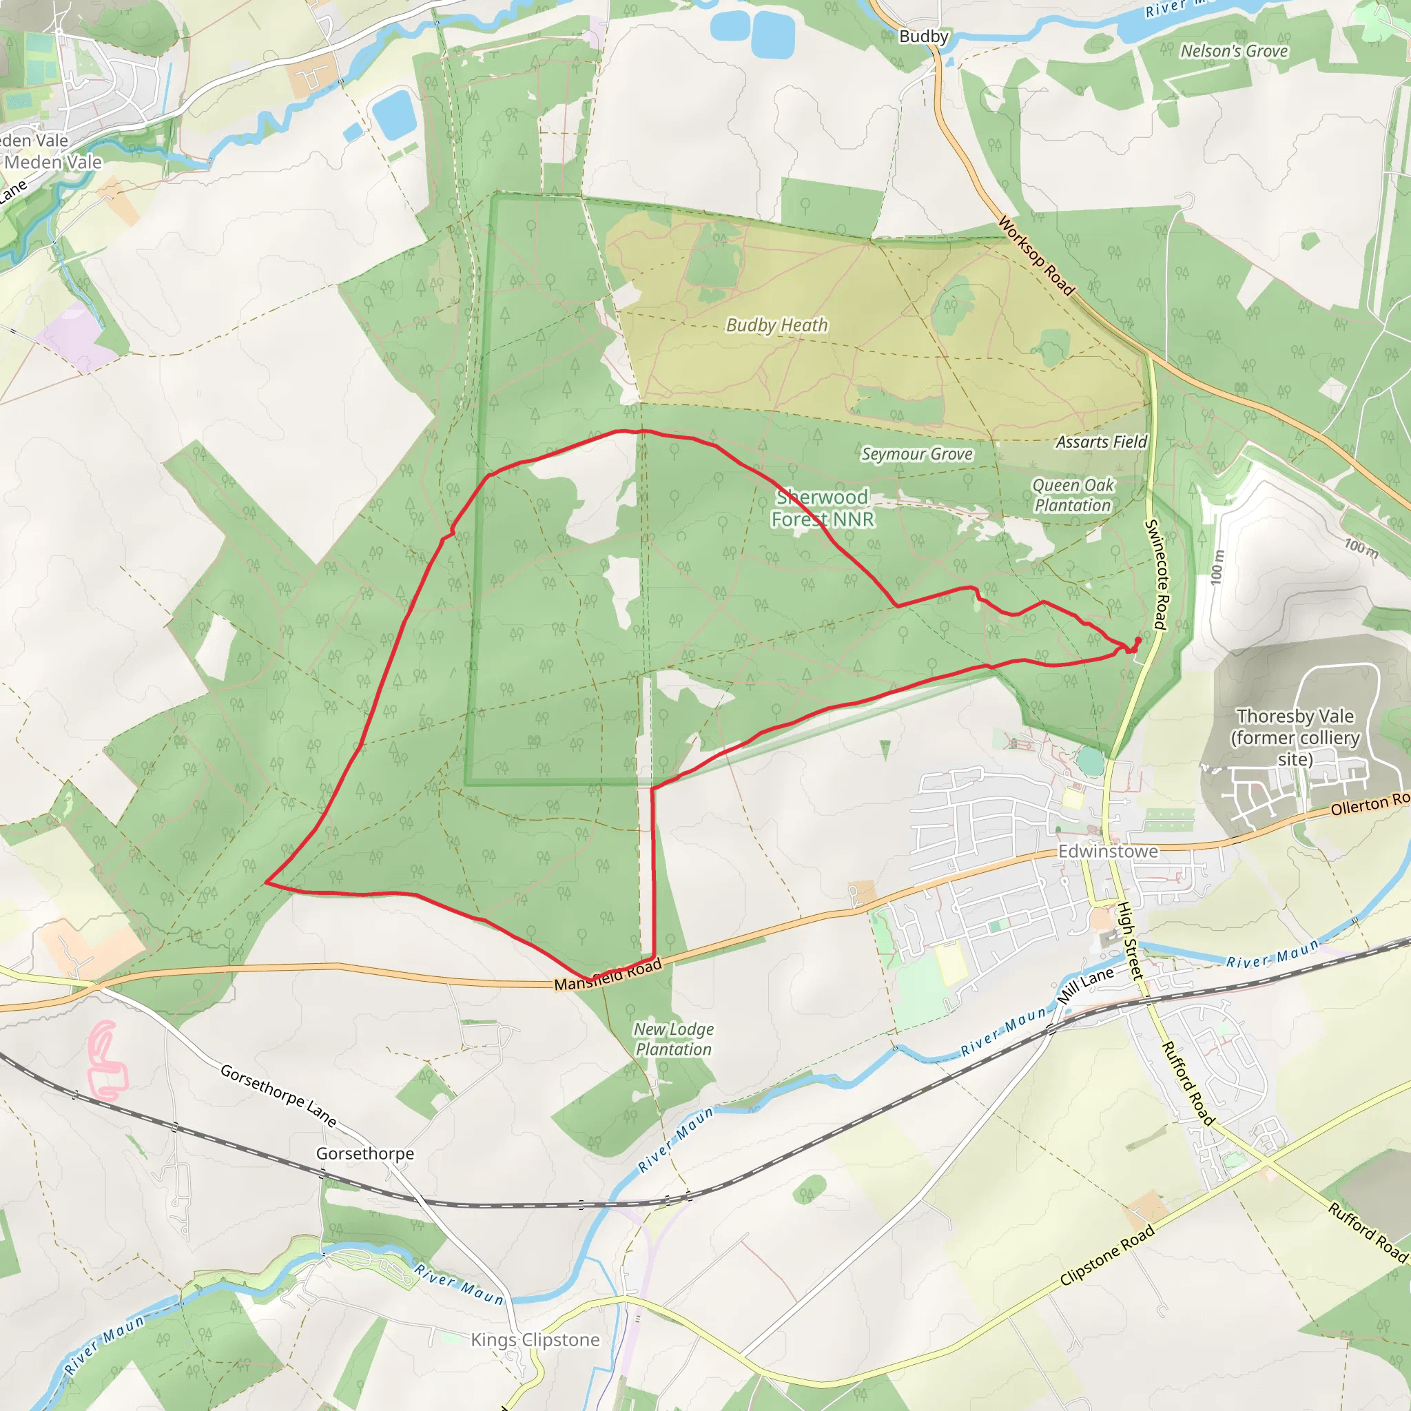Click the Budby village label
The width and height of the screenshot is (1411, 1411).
(x=923, y=37)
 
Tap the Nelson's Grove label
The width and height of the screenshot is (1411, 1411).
(x=1233, y=51)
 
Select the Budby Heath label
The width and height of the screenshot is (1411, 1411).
(x=776, y=325)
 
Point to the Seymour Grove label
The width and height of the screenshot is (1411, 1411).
(x=916, y=454)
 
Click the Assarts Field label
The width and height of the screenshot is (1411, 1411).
(x=1102, y=442)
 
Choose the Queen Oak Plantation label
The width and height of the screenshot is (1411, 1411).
(x=1072, y=495)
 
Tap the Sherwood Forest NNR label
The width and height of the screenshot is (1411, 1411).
(x=823, y=508)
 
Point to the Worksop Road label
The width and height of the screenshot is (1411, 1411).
(x=1036, y=256)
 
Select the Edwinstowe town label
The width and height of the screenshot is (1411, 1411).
(x=1107, y=852)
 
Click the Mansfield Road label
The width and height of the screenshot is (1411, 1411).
(x=608, y=975)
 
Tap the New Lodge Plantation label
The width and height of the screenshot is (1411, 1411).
(x=673, y=1039)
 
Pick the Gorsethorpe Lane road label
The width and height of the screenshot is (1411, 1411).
(x=278, y=1095)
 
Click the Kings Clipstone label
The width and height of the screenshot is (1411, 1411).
(x=535, y=1339)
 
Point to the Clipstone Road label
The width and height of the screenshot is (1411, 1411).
(x=1107, y=1255)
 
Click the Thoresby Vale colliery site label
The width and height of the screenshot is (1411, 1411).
(x=1295, y=738)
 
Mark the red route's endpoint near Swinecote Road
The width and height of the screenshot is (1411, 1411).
(x=1138, y=640)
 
